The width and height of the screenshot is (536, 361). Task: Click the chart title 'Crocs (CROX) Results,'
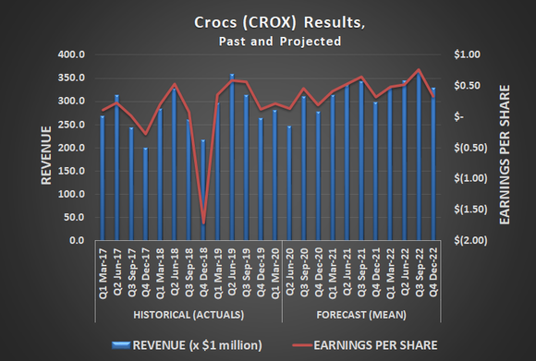[x=268, y=22]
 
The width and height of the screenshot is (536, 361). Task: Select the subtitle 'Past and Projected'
[x=268, y=42]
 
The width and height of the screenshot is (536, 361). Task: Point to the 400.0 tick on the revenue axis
[x=74, y=55]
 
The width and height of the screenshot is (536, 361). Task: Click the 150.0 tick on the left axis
[x=74, y=171]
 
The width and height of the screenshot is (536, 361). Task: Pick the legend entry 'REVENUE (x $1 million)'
[x=184, y=344]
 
